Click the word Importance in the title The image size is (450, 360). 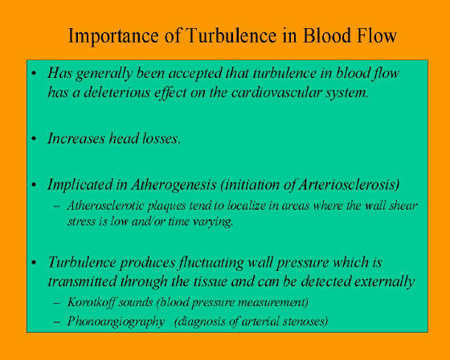pos(113,36)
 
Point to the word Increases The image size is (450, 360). pos(76,138)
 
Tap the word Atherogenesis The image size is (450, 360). pos(174,185)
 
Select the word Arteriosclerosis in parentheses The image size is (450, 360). pos(349,185)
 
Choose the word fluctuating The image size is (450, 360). pos(211,263)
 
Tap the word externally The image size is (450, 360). pos(385,281)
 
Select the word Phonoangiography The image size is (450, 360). pos(116,321)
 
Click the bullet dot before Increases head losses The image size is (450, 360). pos(34,139)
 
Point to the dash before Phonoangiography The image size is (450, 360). pos(57,321)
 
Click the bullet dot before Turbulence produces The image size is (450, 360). pos(34,263)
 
